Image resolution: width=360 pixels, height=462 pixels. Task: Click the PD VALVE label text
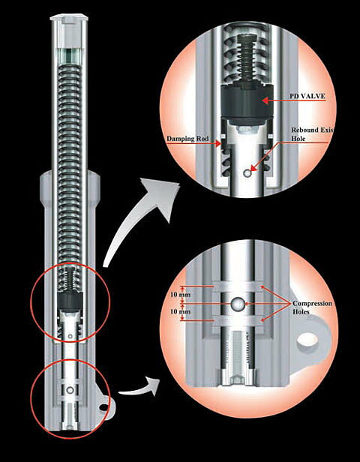tap(307, 96)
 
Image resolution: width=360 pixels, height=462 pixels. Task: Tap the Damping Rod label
tap(187, 139)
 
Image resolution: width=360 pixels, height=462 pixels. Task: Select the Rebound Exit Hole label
tap(312, 134)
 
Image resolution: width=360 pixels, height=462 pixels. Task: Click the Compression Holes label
tap(312, 307)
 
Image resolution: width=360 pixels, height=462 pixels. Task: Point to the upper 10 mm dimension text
tap(176, 295)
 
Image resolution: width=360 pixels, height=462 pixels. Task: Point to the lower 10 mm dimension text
tap(176, 311)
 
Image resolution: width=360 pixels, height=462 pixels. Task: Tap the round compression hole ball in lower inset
tap(238, 304)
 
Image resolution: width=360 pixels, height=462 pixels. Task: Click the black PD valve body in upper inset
tap(245, 101)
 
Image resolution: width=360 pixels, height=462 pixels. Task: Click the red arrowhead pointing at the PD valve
tap(265, 100)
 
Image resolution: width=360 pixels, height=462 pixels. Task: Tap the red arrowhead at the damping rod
tap(218, 144)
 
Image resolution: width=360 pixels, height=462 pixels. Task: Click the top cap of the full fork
tap(70, 18)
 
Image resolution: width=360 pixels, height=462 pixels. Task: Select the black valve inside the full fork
tap(70, 301)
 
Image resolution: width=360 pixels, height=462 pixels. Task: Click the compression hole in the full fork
tap(70, 391)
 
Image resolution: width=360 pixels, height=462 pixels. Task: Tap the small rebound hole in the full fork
tap(70, 336)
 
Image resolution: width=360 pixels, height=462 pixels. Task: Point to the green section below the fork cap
tap(70, 55)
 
